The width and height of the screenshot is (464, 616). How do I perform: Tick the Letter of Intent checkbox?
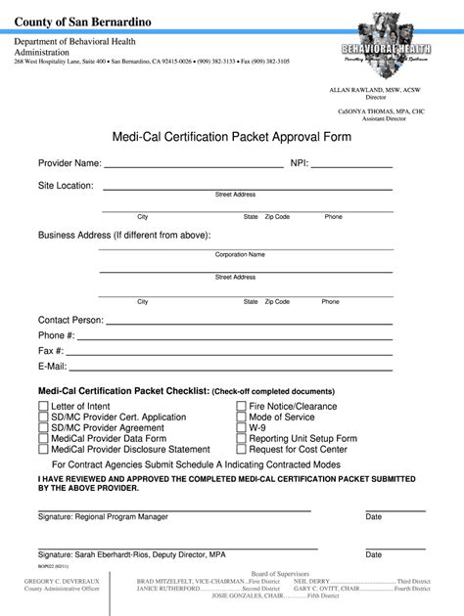point(43,406)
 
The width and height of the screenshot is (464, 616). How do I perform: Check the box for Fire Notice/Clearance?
point(241,406)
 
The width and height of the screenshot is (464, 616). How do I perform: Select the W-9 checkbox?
point(241,427)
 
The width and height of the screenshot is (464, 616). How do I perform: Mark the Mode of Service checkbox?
point(241,417)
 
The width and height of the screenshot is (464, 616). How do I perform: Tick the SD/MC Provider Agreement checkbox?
point(43,427)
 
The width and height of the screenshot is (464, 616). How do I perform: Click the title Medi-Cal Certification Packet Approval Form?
point(231,137)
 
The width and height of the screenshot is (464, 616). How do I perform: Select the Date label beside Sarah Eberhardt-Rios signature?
point(374,554)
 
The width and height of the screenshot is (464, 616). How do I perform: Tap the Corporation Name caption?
point(240,254)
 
